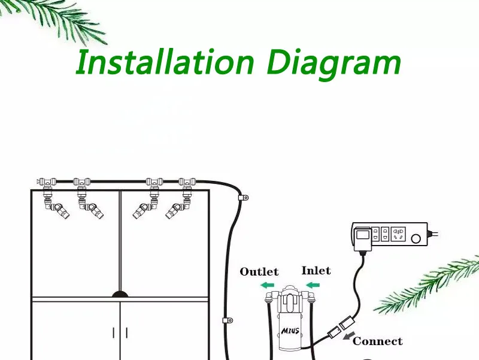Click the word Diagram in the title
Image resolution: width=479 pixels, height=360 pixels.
[334, 63]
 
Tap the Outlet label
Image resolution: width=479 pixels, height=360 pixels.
[259, 272]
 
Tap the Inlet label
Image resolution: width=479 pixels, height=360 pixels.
[316, 271]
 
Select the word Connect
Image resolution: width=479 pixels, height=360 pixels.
[377, 341]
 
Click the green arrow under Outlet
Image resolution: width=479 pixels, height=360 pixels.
[267, 285]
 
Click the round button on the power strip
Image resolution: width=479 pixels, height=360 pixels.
[416, 238]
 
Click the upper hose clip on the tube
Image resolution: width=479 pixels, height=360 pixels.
[242, 197]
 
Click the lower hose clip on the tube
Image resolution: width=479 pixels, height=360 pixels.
[226, 320]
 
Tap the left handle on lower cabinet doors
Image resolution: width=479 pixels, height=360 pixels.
[114, 332]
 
